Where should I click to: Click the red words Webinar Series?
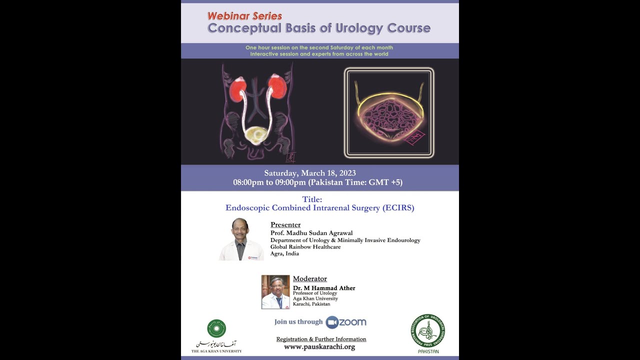click(244, 16)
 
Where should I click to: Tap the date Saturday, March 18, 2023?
click(310, 173)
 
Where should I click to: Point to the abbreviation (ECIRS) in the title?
click(398, 208)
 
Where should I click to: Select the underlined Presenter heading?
click(285, 224)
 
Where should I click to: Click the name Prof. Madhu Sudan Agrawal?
click(311, 233)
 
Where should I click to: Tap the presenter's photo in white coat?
click(241, 239)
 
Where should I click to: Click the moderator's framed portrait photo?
click(275, 292)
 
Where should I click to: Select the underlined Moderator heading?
click(309, 278)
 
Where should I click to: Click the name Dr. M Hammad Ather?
click(324, 288)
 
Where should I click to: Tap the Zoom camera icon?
click(332, 322)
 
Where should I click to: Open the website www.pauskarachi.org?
click(319, 347)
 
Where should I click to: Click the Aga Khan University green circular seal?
click(216, 328)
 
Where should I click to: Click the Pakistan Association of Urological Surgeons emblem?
click(428, 331)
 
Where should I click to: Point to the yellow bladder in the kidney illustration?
click(257, 134)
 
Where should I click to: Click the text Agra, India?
click(284, 253)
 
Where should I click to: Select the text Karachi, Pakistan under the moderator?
click(311, 304)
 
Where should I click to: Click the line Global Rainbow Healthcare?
click(305, 247)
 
